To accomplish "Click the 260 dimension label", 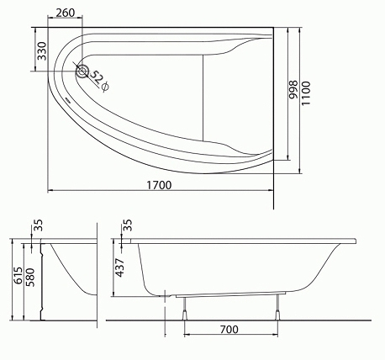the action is pos(66,13).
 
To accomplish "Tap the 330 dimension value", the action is pos(42,51).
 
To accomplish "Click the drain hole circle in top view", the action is pos(82,71).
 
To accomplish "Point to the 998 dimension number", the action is pos(293,89).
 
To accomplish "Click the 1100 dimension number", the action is pos(306,93).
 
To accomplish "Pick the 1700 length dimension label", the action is pos(159,185).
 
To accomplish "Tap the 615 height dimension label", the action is pos(18,276).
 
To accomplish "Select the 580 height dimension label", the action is pos(29,277).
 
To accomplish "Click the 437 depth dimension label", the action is pos(120,267).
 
